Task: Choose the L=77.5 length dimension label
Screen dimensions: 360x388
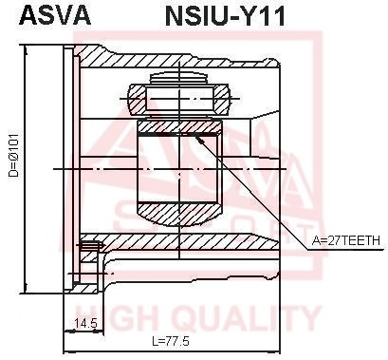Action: (177, 340)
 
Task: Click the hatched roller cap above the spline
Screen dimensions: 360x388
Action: (179, 98)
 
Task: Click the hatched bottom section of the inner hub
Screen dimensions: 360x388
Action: (179, 212)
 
